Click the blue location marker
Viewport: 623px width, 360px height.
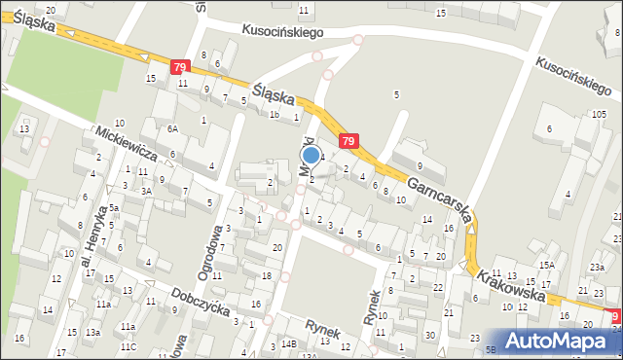(311, 155)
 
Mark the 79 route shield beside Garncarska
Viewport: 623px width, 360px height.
(348, 142)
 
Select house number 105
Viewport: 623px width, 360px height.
(598, 115)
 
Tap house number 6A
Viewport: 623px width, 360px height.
(172, 128)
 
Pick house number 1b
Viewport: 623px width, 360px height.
(275, 115)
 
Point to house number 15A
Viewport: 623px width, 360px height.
(548, 265)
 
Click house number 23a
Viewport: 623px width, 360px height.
(597, 267)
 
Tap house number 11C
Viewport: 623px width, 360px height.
(128, 346)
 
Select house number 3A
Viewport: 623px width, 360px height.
(146, 192)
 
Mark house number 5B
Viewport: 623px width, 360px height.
(492, 349)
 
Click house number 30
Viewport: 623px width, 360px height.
(430, 335)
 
